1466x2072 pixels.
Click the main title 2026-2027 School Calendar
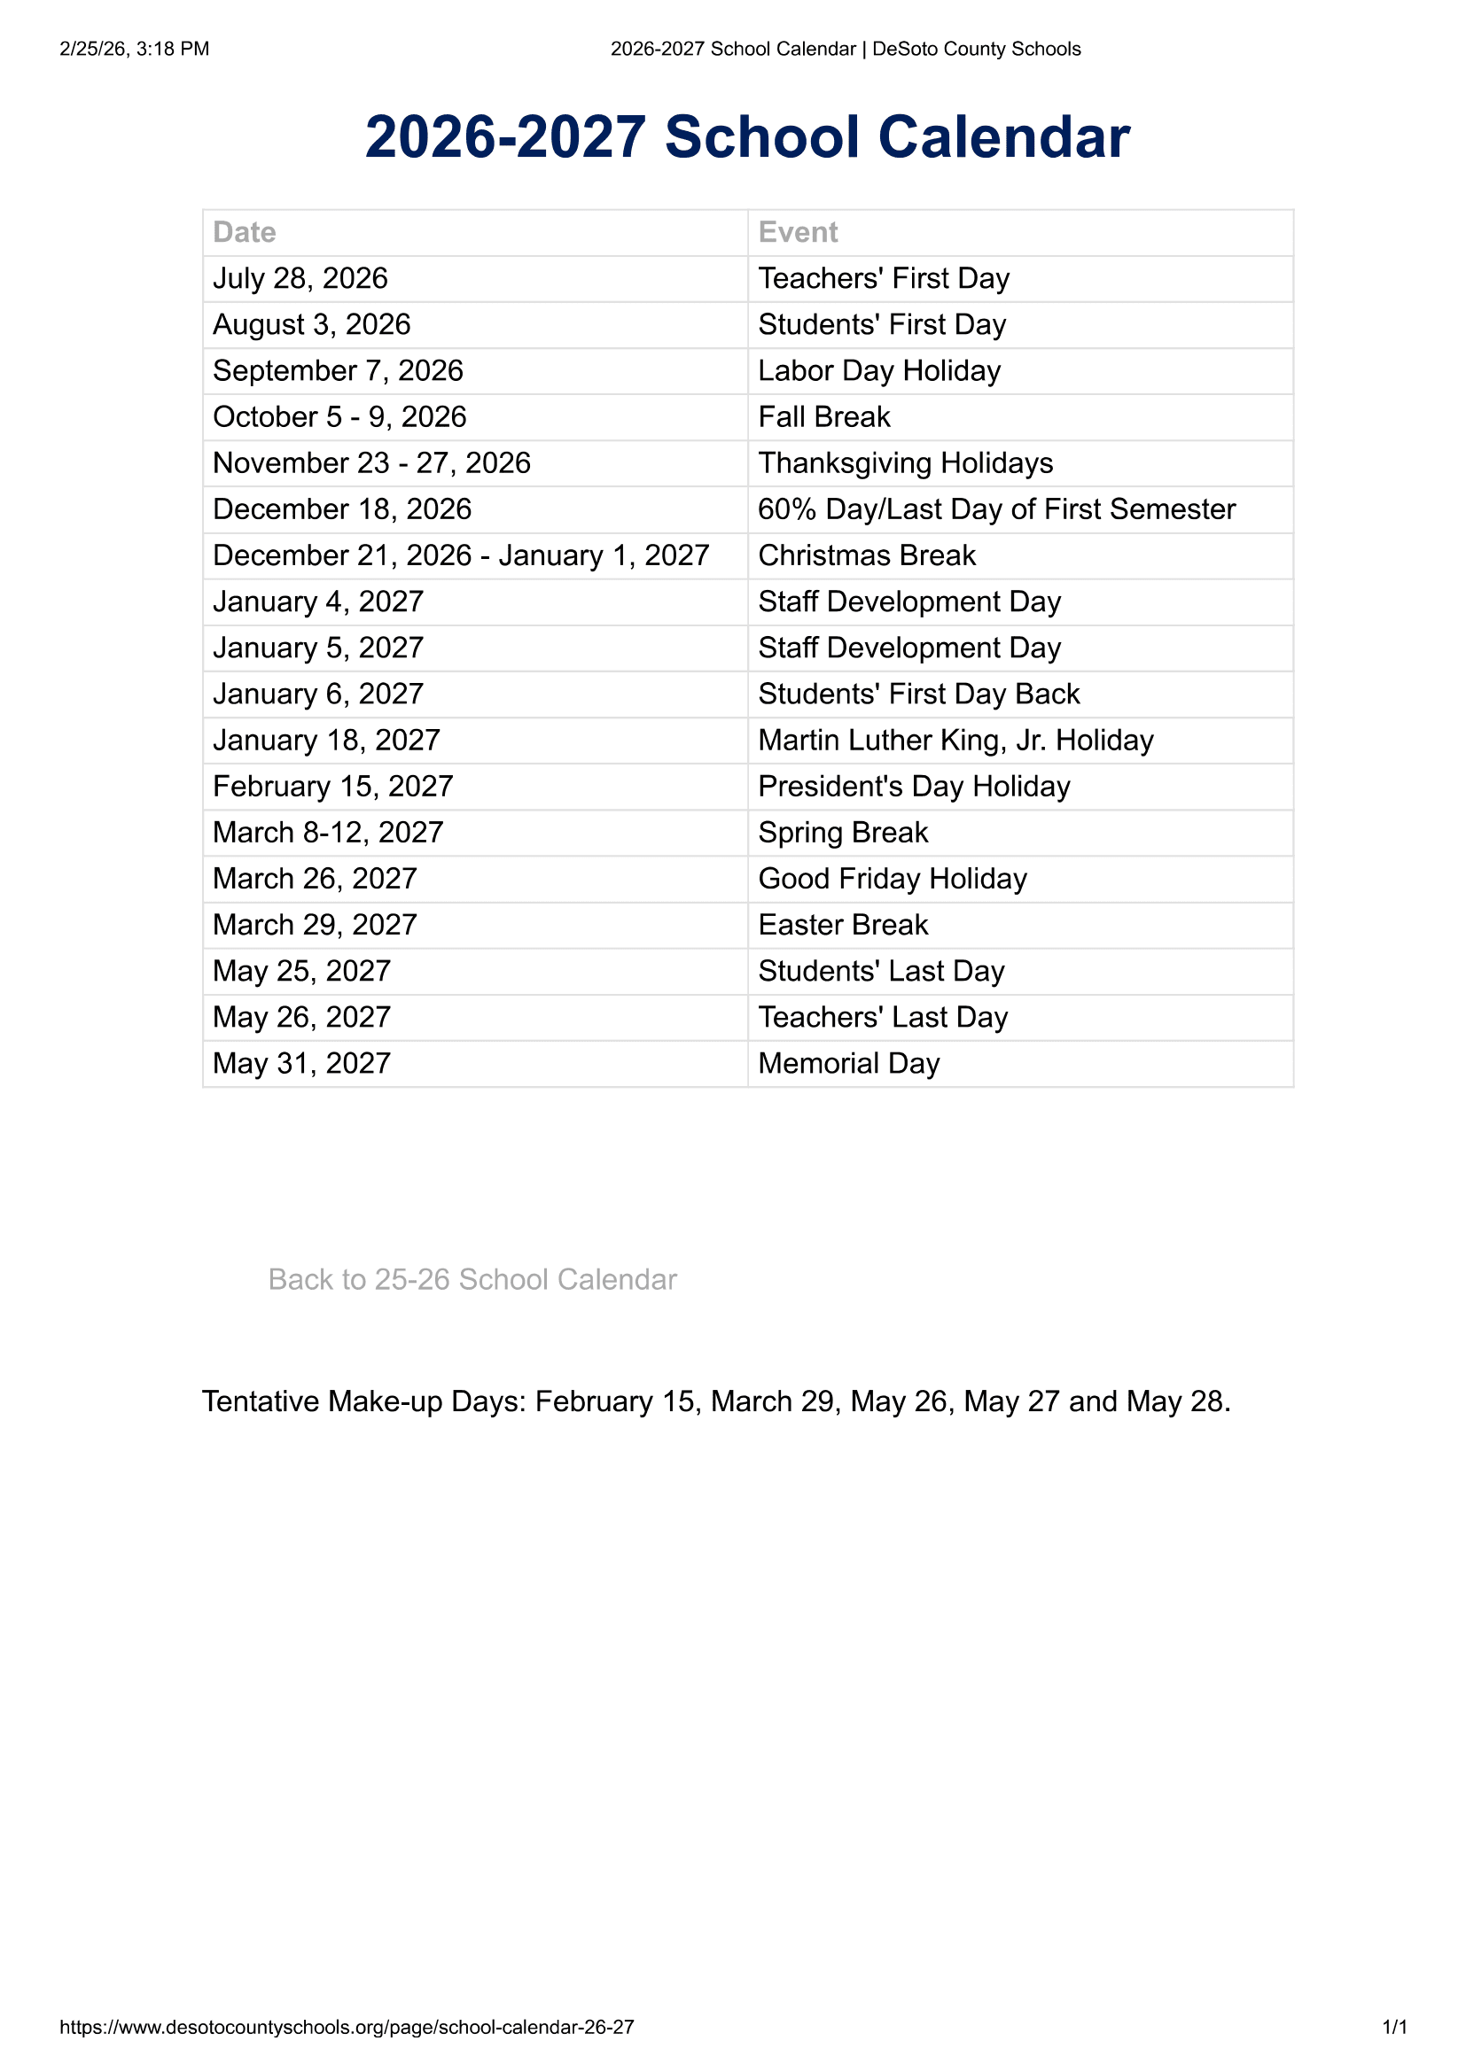[746, 137]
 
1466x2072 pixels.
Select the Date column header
[245, 232]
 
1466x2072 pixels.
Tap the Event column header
[798, 232]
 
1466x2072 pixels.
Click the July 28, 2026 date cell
[300, 278]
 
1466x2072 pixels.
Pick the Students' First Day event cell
[881, 324]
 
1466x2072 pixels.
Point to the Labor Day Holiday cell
[879, 370]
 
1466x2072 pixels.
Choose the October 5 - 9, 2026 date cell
[339, 416]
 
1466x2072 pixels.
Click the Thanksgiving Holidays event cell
[906, 463]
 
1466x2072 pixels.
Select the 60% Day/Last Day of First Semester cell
[995, 509]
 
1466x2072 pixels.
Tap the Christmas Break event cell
[867, 555]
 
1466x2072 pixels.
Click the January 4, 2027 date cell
[318, 601]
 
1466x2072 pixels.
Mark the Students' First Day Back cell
[918, 693]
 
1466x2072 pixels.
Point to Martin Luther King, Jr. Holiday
[955, 740]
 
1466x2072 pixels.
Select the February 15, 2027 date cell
[332, 786]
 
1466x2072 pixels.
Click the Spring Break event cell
[842, 832]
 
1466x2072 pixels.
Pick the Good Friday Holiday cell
[892, 878]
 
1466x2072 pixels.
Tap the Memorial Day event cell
[848, 1063]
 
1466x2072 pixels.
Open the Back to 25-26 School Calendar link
[472, 1279]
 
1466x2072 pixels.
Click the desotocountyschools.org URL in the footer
[347, 2027]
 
